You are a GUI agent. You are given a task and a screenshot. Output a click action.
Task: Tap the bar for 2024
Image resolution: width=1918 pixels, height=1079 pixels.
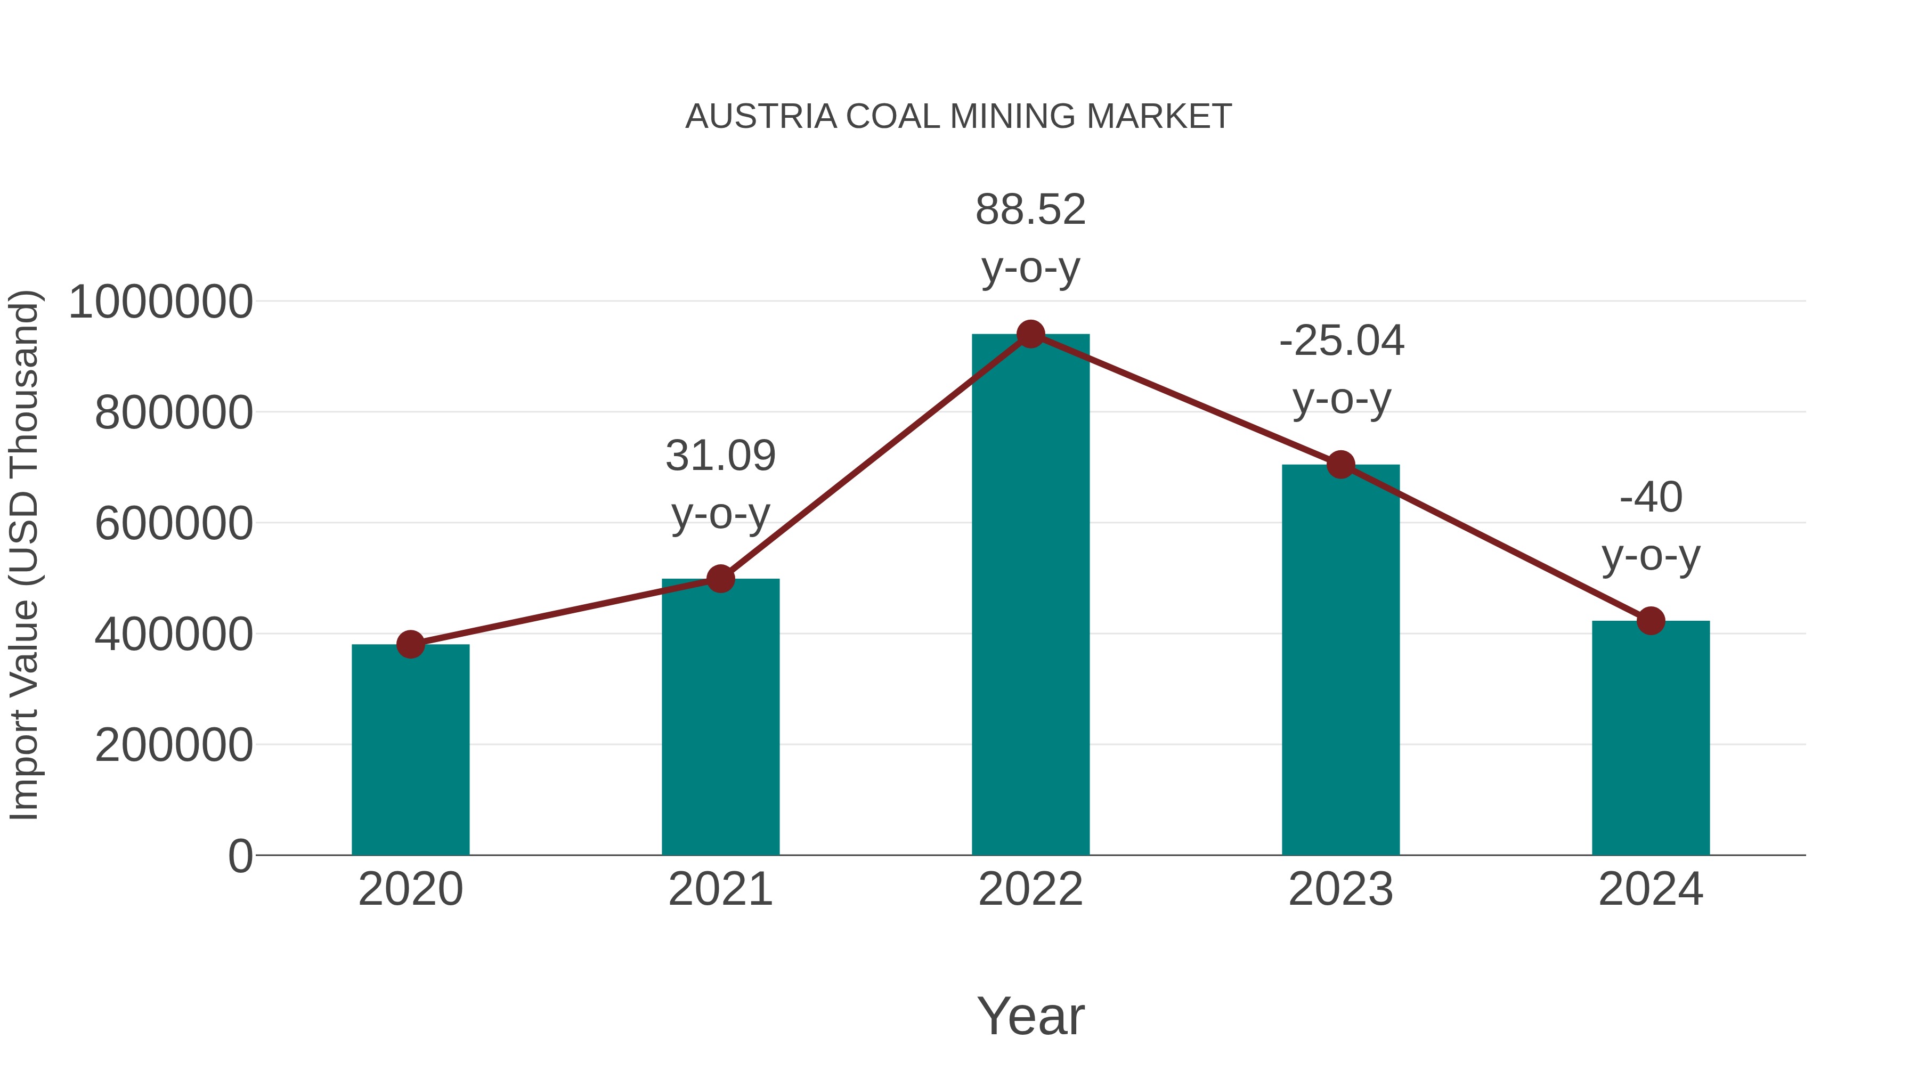1651,737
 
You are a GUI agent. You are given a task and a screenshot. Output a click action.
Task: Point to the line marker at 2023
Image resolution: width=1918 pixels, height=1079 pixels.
1341,465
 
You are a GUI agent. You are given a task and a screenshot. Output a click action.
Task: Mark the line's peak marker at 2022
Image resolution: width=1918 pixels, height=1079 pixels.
1030,334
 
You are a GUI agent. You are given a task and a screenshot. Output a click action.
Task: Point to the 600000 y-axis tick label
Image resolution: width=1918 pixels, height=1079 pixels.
174,523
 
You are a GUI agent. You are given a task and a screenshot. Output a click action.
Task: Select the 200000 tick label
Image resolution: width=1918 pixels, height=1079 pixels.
174,745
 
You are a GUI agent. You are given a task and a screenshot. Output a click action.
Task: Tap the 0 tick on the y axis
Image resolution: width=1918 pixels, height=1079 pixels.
240,856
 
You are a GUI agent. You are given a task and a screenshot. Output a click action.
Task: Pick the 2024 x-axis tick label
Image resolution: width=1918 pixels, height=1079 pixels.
1651,889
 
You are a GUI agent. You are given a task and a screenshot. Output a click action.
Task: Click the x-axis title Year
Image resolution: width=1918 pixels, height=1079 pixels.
1030,1016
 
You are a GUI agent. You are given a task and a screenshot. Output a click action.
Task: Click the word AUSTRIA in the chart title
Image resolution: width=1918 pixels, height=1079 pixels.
761,117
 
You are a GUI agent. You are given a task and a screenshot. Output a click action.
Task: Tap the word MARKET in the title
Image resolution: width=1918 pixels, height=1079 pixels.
1159,117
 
